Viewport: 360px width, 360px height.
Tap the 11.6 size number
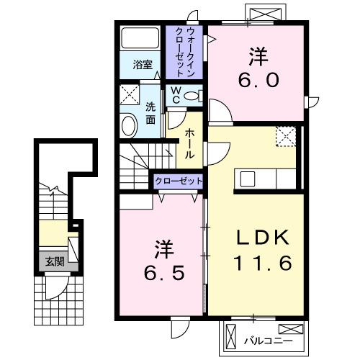point(262,264)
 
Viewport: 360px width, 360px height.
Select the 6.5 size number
point(161,273)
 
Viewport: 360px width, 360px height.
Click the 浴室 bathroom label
point(143,65)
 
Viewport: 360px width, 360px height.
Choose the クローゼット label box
point(178,181)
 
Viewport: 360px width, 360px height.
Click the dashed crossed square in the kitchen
point(286,136)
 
